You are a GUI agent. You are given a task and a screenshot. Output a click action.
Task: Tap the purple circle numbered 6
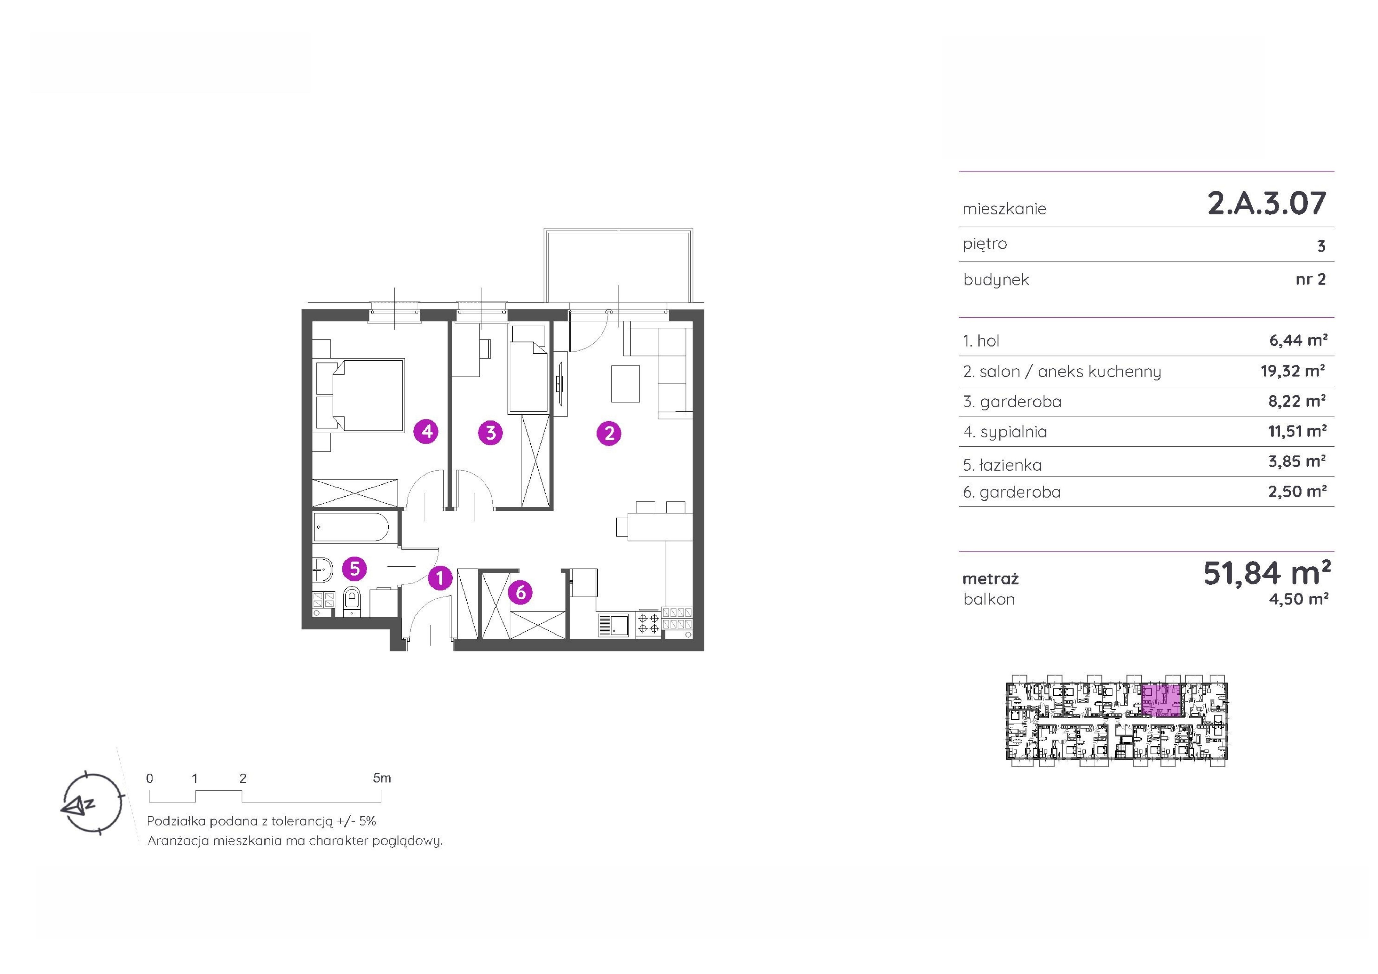tap(520, 592)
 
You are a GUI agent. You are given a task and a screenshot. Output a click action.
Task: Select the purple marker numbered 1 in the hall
tap(440, 578)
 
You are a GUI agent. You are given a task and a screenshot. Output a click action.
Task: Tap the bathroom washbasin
tap(323, 569)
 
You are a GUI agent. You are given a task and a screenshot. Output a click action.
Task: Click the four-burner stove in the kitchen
tap(648, 624)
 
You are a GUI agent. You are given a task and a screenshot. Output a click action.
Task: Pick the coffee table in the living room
tap(625, 384)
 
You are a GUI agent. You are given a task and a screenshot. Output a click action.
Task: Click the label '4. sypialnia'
tap(1005, 432)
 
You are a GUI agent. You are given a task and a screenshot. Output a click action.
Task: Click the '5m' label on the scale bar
tap(382, 778)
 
